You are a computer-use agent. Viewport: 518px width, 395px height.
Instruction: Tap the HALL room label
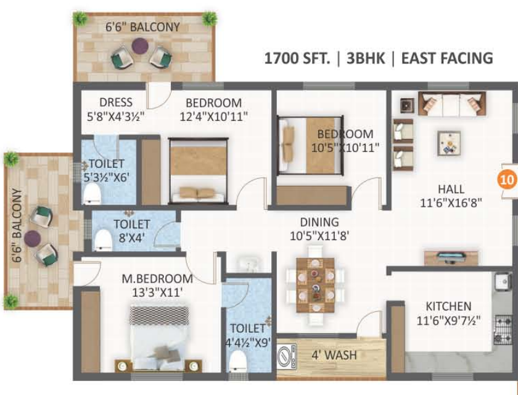[451, 189]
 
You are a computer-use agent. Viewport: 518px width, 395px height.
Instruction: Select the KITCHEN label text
[448, 306]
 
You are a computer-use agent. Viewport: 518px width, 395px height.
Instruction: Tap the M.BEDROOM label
[157, 279]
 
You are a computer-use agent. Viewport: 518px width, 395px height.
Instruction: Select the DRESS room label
[115, 102]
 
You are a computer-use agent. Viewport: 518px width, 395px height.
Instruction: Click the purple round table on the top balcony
[141, 46]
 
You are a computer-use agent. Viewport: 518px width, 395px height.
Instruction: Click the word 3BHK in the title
[366, 59]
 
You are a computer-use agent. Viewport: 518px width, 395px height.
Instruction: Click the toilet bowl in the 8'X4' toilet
[102, 238]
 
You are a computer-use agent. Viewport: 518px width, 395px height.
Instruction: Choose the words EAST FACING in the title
[446, 59]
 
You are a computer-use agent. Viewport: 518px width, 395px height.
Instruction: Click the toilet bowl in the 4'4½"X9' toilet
[237, 362]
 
